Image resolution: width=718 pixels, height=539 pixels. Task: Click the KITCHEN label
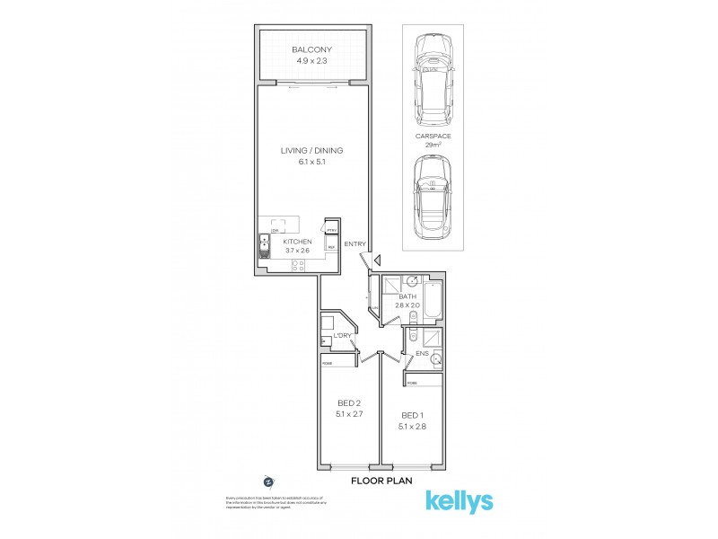pyautogui.click(x=297, y=243)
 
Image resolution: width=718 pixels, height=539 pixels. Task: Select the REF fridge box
pyautogui.click(x=331, y=246)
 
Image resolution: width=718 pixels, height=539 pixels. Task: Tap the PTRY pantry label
pyautogui.click(x=331, y=230)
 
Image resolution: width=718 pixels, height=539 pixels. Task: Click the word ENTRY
pyautogui.click(x=354, y=244)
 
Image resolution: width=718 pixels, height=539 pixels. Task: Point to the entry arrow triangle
pyautogui.click(x=378, y=261)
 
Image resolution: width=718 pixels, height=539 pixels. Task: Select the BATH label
pyautogui.click(x=407, y=296)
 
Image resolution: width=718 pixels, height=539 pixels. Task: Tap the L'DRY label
pyautogui.click(x=341, y=336)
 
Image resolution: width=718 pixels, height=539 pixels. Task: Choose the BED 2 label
pyautogui.click(x=349, y=402)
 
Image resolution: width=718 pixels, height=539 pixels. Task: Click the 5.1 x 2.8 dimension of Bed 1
pyautogui.click(x=412, y=426)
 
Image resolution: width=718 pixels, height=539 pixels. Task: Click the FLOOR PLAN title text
pyautogui.click(x=381, y=481)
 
